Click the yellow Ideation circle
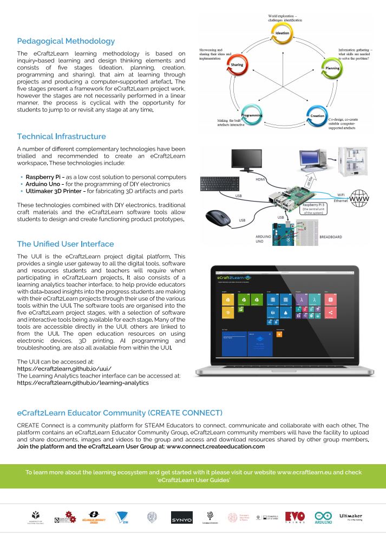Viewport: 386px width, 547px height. click(283, 33)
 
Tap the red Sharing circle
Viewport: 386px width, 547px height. click(237, 64)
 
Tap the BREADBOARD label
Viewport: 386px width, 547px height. click(332, 237)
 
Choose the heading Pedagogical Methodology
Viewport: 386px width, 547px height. click(66, 41)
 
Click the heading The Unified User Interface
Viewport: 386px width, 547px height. click(66, 244)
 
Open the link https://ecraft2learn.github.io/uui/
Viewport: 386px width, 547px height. click(64, 368)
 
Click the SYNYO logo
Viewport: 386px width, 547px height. click(181, 518)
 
